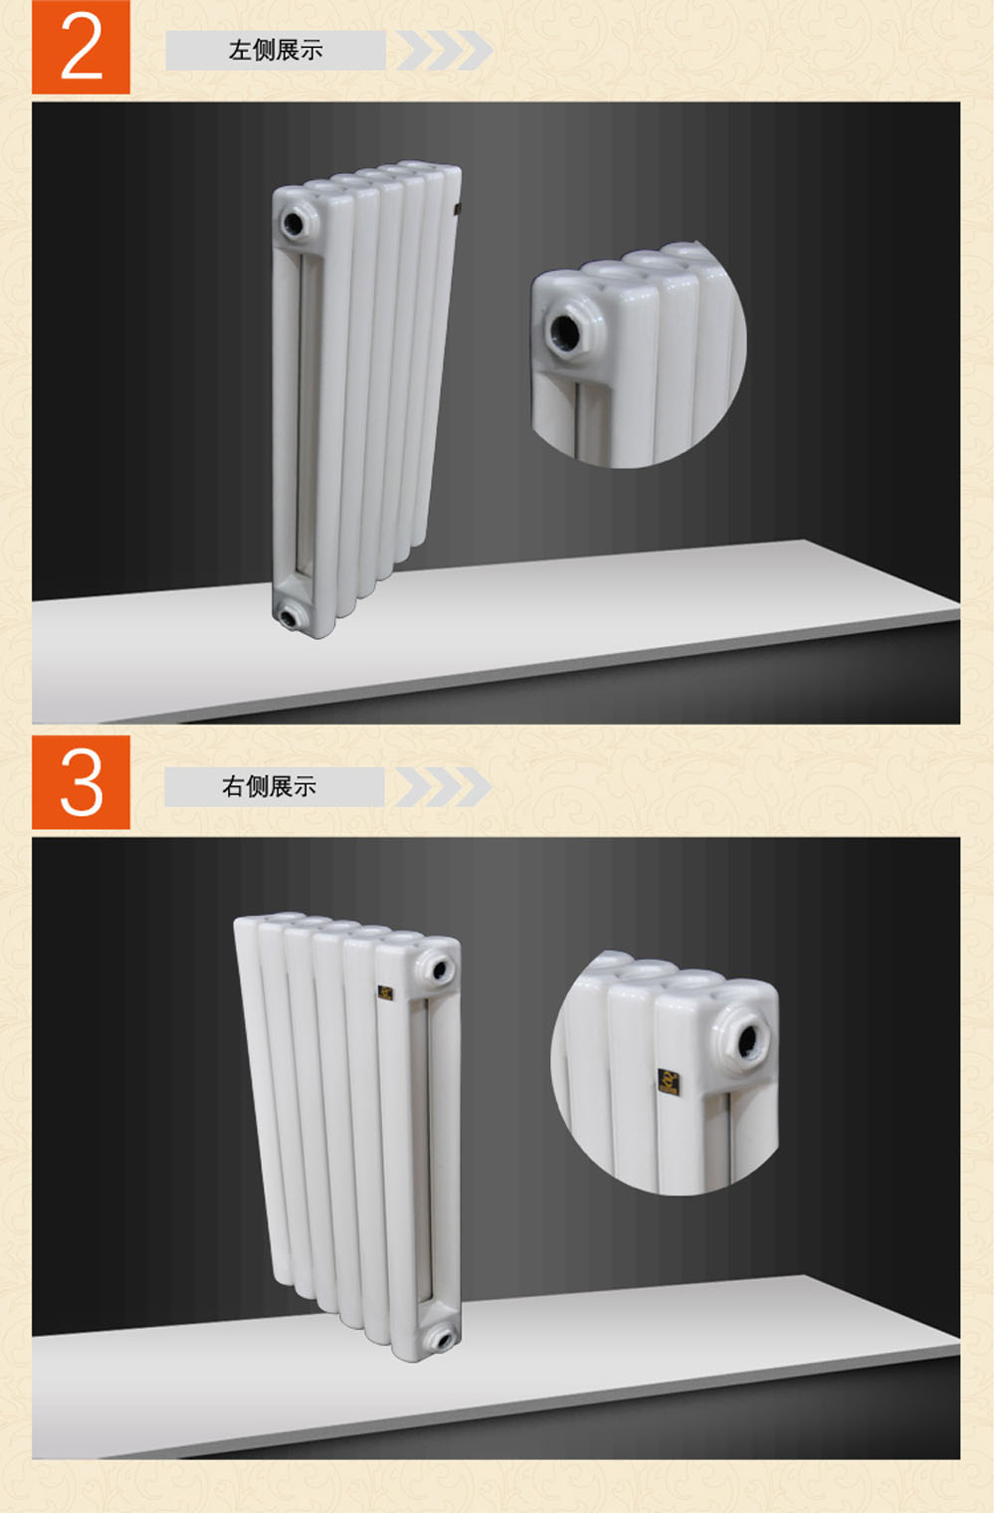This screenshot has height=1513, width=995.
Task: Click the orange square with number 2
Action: pyautogui.click(x=81, y=47)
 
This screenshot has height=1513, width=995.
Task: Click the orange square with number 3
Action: pyautogui.click(x=81, y=782)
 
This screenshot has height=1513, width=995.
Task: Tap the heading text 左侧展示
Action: pyautogui.click(x=276, y=50)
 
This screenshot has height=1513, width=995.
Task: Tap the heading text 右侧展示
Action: pyautogui.click(x=269, y=786)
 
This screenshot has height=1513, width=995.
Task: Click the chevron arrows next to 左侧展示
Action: pyautogui.click(x=444, y=50)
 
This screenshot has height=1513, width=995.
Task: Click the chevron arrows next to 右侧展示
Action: pyautogui.click(x=443, y=786)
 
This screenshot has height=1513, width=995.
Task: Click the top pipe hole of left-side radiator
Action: pyautogui.click(x=294, y=222)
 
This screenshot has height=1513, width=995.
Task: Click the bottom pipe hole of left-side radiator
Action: pyautogui.click(x=289, y=617)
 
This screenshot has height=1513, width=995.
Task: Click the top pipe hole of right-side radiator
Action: pyautogui.click(x=440, y=971)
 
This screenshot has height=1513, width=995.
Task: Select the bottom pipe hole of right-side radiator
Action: pyautogui.click(x=443, y=1339)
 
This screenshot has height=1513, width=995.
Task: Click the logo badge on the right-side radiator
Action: pyautogui.click(x=385, y=993)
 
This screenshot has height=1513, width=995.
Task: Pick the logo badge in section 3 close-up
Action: pyautogui.click(x=669, y=1080)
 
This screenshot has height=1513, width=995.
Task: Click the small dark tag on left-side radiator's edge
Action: pyautogui.click(x=457, y=209)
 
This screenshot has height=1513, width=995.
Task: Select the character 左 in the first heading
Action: pyautogui.click(x=240, y=50)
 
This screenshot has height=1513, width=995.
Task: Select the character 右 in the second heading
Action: pyautogui.click(x=233, y=786)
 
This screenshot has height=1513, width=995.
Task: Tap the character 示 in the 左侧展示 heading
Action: pyautogui.click(x=311, y=50)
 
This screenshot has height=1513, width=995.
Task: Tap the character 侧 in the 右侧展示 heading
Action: pyautogui.click(x=257, y=786)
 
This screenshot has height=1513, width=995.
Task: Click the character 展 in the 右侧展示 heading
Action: pyautogui.click(x=281, y=786)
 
